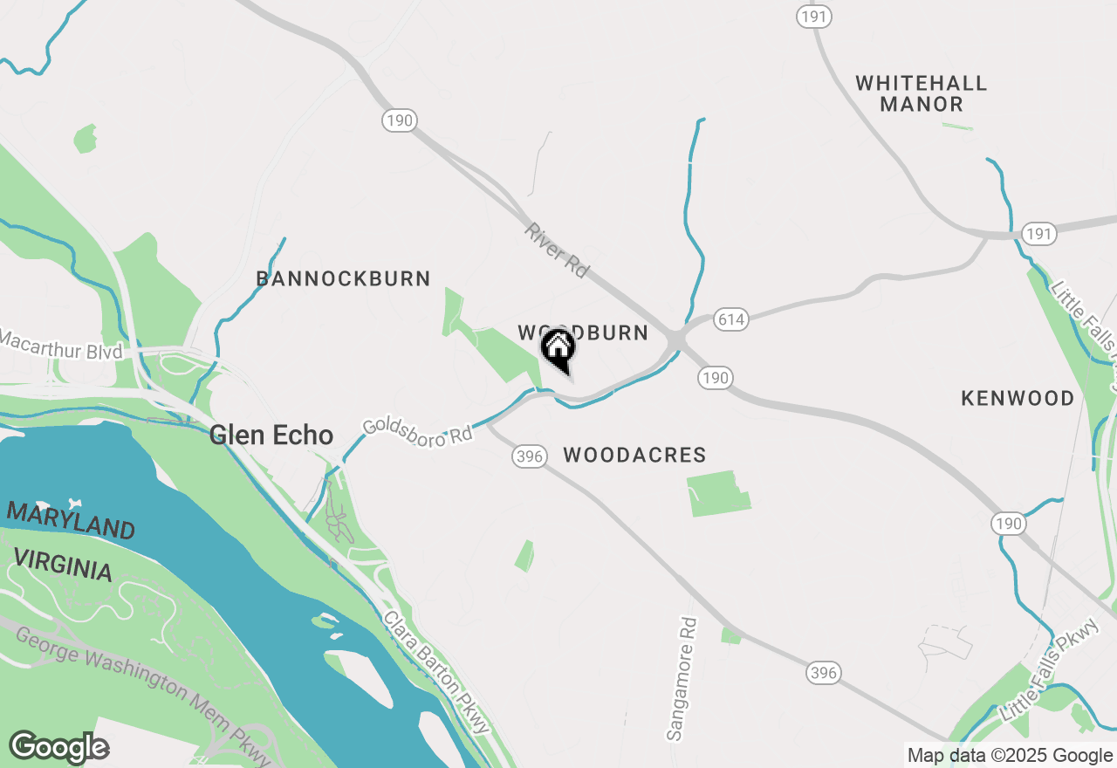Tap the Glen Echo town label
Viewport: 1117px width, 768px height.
click(271, 435)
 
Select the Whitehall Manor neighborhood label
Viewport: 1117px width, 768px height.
click(921, 93)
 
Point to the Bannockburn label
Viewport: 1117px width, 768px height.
click(343, 278)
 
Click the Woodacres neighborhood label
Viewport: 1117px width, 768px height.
click(634, 455)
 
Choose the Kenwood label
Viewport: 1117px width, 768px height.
click(1018, 398)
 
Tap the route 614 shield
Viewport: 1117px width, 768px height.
click(730, 319)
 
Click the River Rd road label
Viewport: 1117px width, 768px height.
click(557, 250)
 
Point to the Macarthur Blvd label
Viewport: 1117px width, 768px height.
click(61, 345)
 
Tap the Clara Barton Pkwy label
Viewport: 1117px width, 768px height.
click(437, 673)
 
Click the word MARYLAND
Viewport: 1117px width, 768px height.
click(71, 520)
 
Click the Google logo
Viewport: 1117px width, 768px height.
click(58, 748)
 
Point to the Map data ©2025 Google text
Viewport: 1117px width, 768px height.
click(1010, 756)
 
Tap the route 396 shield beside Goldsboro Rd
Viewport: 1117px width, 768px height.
click(530, 456)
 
